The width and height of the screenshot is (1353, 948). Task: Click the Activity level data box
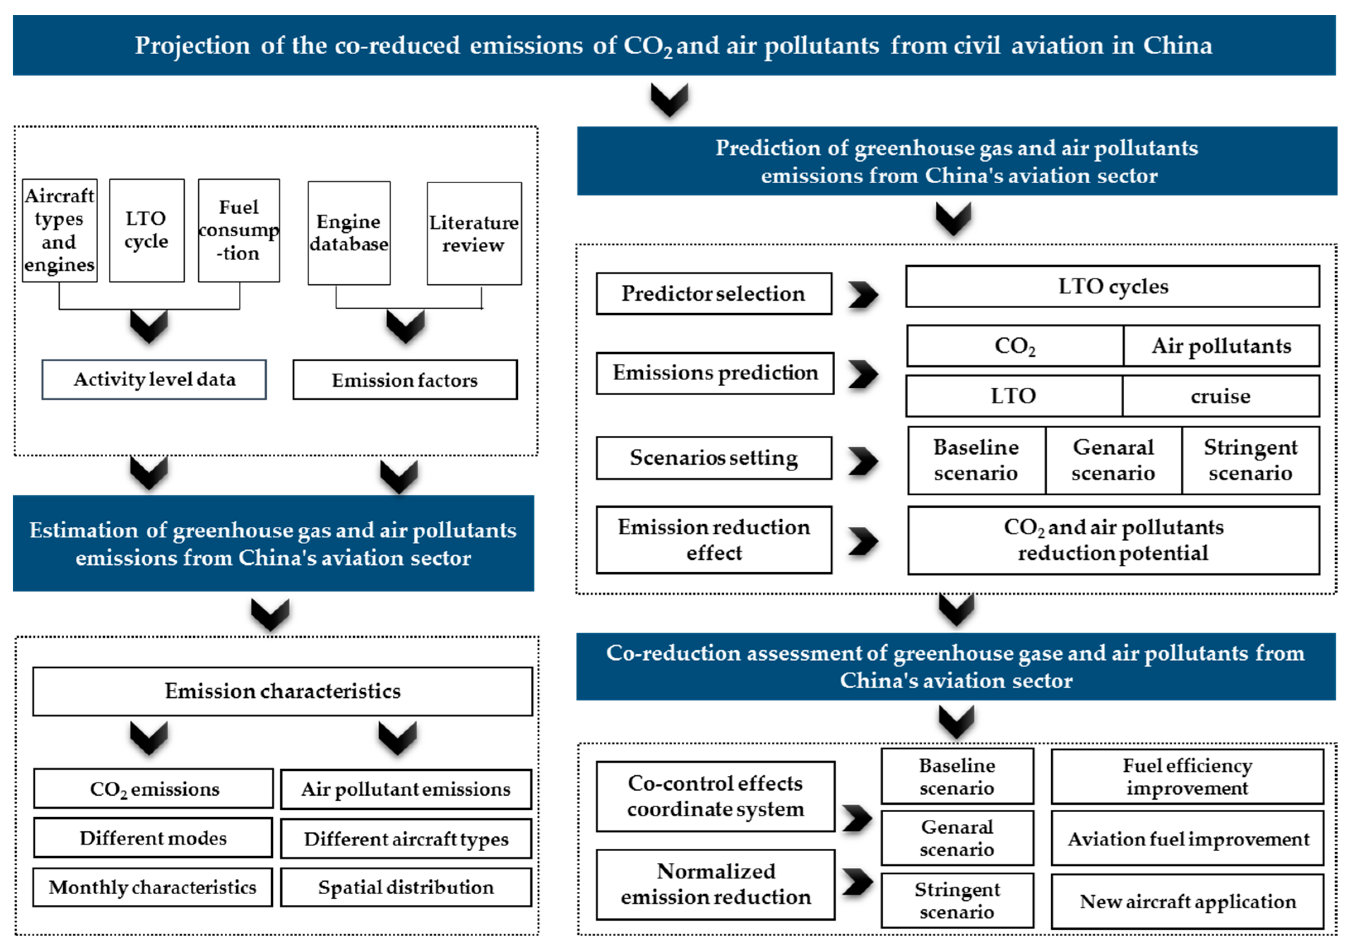[154, 380]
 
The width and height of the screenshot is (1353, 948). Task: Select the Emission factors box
[405, 380]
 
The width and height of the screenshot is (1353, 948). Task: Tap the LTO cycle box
[147, 230]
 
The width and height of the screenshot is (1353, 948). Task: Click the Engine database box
[349, 233]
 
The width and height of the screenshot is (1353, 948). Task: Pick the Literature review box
[474, 234]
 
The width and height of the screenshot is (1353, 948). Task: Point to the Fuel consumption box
[239, 230]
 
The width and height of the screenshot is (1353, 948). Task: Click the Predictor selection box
[714, 293]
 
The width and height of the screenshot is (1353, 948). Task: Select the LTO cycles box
[1112, 287]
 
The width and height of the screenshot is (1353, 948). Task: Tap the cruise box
[1221, 396]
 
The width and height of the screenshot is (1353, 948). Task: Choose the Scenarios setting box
[714, 458]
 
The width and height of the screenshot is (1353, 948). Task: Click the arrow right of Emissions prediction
[863, 374]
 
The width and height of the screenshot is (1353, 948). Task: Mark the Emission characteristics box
[282, 691]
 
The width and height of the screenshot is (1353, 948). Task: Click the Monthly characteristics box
[153, 887]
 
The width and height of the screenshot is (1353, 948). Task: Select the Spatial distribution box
[406, 887]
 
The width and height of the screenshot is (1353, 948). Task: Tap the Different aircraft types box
[406, 839]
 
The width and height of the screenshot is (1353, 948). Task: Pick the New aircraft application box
[1187, 902]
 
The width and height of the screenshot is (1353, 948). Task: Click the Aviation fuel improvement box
[1187, 839]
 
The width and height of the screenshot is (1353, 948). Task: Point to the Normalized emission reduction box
[715, 884]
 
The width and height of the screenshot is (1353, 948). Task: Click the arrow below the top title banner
[669, 99]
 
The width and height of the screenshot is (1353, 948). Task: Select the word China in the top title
[1178, 46]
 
